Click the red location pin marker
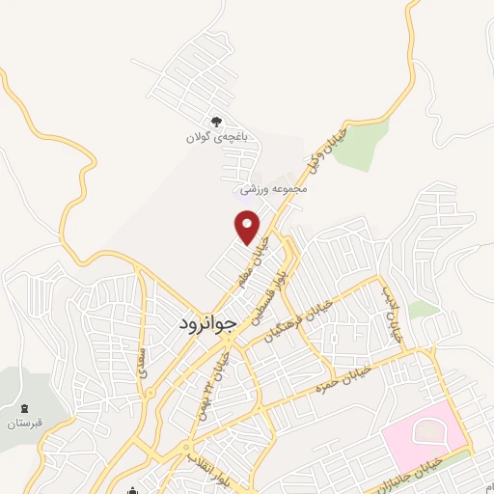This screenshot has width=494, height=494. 248,228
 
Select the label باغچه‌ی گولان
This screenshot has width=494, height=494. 217,138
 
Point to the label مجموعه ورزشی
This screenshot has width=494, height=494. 274,188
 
